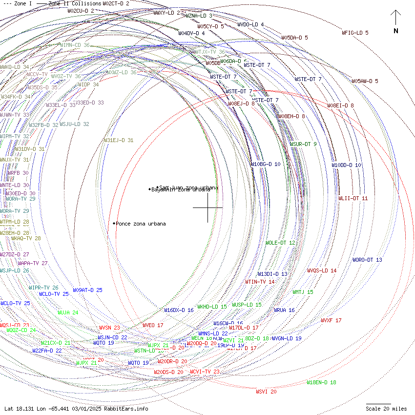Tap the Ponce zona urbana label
pos(141,224)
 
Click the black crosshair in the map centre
pos(207,207)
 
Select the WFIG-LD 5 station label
pos(355,33)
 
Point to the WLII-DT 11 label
pos(353,198)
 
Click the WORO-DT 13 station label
pos(367,260)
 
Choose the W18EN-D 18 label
pos(321,382)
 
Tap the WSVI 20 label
pos(266,392)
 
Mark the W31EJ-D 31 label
pos(118,140)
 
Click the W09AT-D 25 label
pos(87,290)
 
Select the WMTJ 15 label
pos(303,292)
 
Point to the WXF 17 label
pos(331,320)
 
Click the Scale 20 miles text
pos(386,409)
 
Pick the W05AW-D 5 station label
pos(365,81)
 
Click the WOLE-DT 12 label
pos(280,243)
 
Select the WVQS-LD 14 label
pos(322,270)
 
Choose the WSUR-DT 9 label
pos(303,144)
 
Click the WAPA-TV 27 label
pos(33,263)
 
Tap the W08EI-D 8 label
pos(340,105)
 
